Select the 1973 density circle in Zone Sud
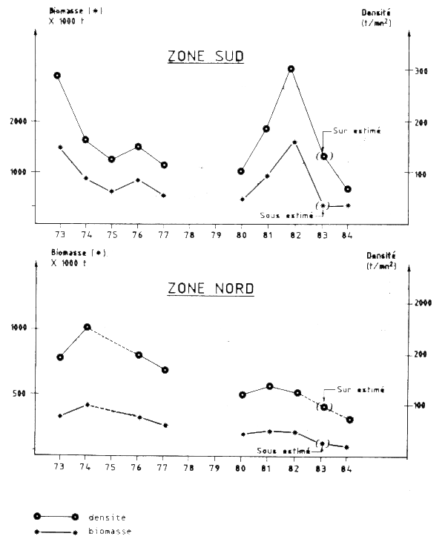click(x=58, y=76)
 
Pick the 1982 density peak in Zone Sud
click(x=291, y=69)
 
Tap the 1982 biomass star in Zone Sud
click(x=294, y=142)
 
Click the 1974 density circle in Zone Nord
click(x=87, y=327)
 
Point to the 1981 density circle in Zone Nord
click(x=270, y=386)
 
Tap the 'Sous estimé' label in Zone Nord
click(x=282, y=450)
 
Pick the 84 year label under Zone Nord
click(x=346, y=469)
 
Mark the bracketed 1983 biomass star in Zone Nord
click(x=321, y=444)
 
